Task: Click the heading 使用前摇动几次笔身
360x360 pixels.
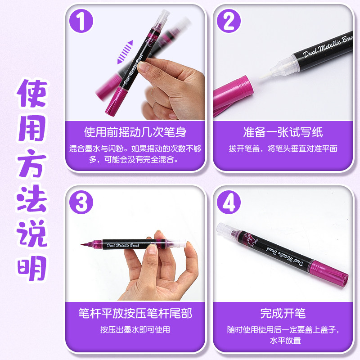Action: (x=135, y=132)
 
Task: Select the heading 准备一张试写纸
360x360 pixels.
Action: (x=283, y=132)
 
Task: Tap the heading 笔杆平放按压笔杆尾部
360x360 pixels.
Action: (x=135, y=313)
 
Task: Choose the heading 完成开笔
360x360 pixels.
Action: (x=283, y=313)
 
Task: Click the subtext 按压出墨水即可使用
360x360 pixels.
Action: (x=135, y=330)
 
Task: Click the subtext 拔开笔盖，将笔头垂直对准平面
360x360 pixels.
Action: (x=283, y=149)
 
